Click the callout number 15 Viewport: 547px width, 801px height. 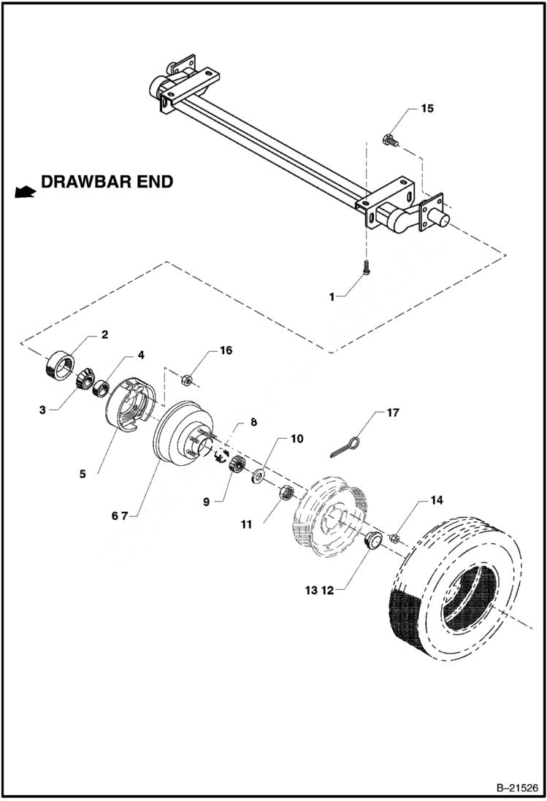pos(426,108)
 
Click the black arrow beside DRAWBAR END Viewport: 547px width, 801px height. pos(25,192)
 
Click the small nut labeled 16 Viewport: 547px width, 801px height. pos(186,380)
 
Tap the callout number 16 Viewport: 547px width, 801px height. pos(226,350)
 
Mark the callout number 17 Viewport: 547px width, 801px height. pos(392,413)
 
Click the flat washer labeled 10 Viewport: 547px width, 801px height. pos(259,477)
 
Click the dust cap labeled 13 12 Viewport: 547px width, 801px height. pos(374,542)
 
